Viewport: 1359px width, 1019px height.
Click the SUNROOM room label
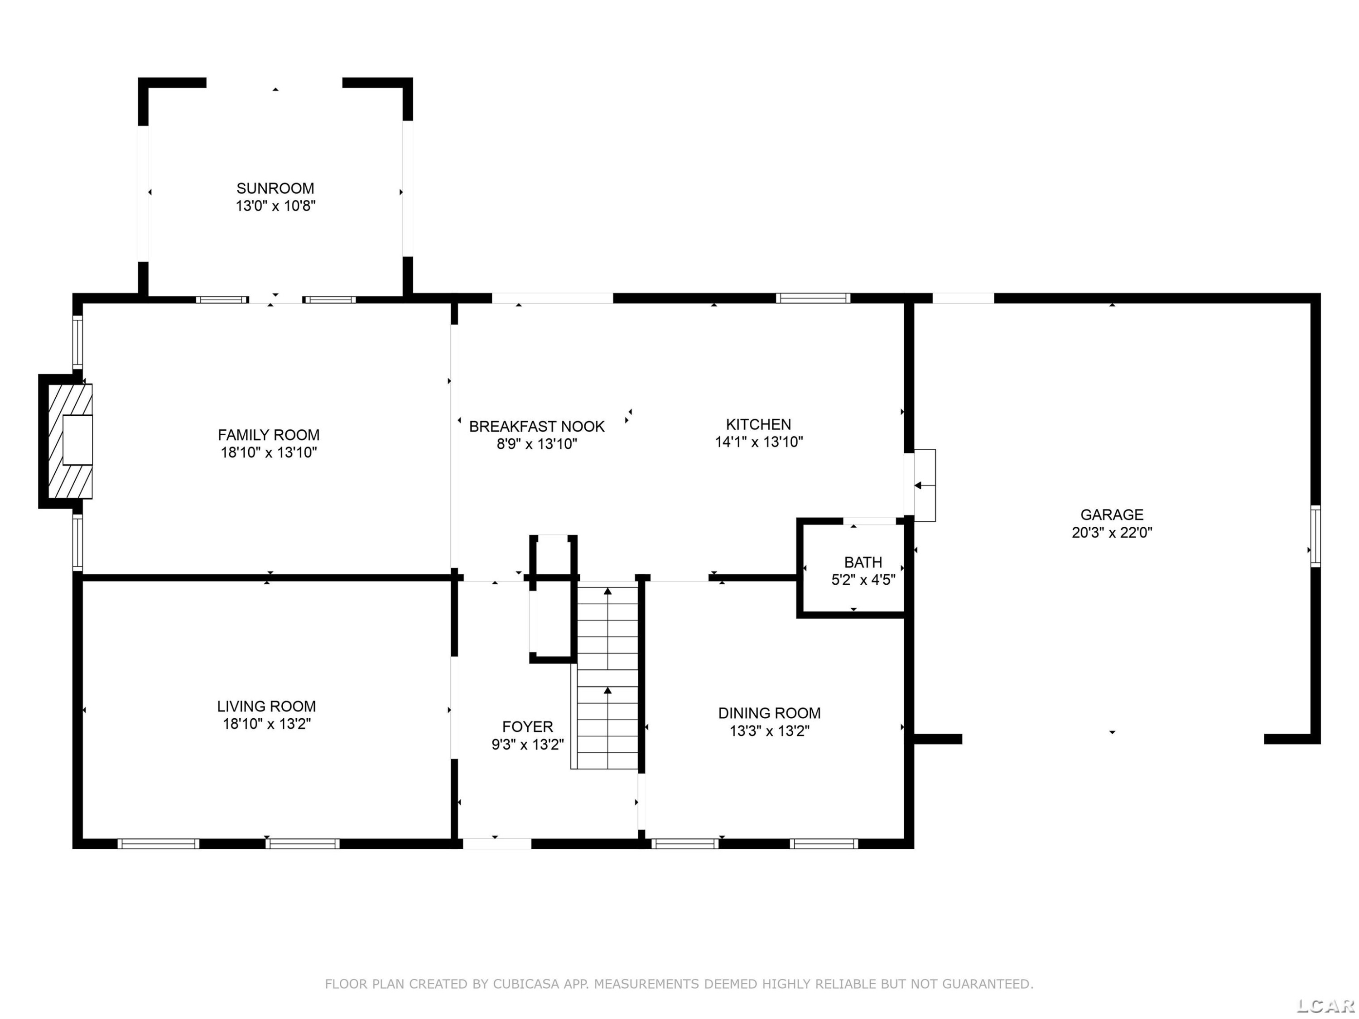(x=275, y=188)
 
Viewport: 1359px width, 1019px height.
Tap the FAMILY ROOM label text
(x=269, y=435)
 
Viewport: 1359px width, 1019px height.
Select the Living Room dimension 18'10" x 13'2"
(x=267, y=724)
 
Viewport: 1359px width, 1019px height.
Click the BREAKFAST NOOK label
(x=537, y=426)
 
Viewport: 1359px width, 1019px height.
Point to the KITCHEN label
(x=759, y=424)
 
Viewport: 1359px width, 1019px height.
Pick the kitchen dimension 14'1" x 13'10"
(x=759, y=442)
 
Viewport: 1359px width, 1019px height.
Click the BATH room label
(x=863, y=562)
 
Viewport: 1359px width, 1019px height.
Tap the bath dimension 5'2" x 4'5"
(x=863, y=580)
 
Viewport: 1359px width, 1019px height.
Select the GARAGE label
(x=1112, y=515)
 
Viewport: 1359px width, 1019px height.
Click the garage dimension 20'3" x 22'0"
(x=1112, y=533)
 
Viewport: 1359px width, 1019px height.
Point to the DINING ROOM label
(x=769, y=713)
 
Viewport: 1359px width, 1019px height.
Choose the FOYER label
(x=528, y=726)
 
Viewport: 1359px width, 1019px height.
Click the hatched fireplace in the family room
(x=70, y=441)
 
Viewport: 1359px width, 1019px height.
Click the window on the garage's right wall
(x=1316, y=536)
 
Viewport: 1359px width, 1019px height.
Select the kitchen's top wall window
(x=813, y=298)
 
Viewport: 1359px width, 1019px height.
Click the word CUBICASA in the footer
(x=526, y=984)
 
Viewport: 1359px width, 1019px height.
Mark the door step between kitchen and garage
(x=925, y=485)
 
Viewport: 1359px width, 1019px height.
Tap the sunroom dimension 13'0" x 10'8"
(x=276, y=206)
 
